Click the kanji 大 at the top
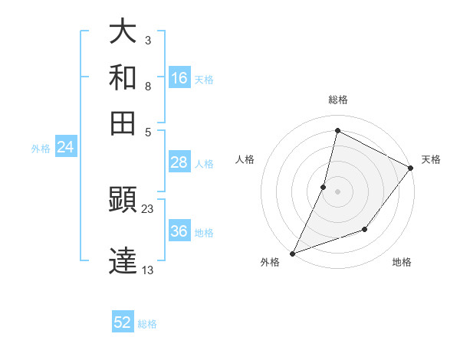click(123, 33)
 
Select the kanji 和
click(123, 78)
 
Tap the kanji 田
click(123, 122)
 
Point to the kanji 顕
click(123, 200)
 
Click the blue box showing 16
click(179, 78)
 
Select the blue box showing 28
click(179, 162)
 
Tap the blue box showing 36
click(179, 231)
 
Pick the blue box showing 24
click(66, 147)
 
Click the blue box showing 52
click(123, 322)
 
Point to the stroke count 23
click(148, 208)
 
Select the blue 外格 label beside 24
click(41, 148)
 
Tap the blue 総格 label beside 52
click(147, 323)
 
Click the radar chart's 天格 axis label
click(431, 159)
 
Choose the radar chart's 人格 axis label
click(245, 159)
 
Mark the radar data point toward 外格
click(292, 253)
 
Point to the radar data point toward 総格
click(337, 131)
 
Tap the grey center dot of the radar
click(337, 191)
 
